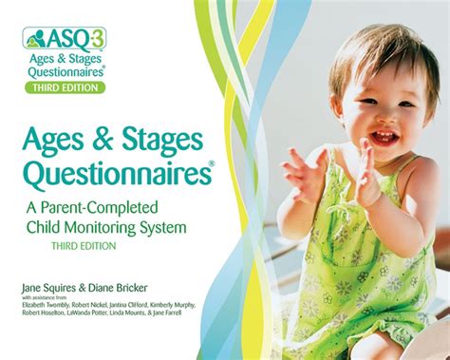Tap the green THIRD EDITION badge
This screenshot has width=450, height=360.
pyautogui.click(x=65, y=87)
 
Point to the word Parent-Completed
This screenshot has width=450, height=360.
pyautogui.click(x=142, y=207)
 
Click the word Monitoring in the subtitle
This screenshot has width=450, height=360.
pyautogui.click(x=122, y=227)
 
